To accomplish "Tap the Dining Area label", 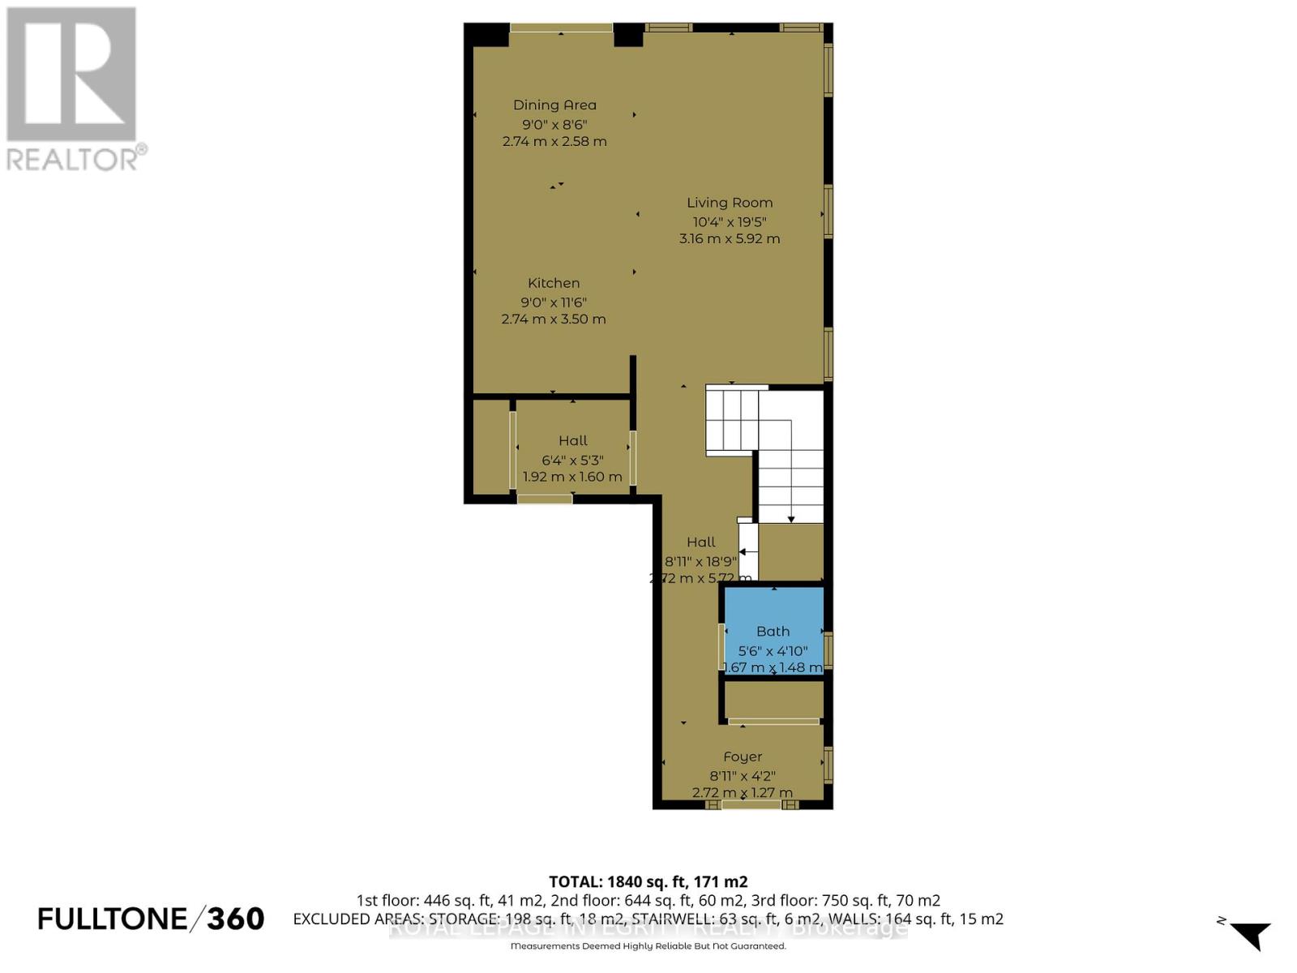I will tap(554, 105).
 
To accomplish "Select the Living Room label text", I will tap(730, 203).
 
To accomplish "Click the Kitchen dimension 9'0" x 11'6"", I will tap(554, 302).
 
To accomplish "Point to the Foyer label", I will tap(743, 757).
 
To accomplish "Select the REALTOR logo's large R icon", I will tap(71, 75).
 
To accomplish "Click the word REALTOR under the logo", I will tap(73, 158).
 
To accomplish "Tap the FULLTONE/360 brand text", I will tap(152, 919).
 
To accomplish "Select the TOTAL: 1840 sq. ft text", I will tap(648, 881).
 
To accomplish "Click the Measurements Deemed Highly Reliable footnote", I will tap(648, 946).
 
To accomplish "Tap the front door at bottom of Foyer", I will tap(751, 804).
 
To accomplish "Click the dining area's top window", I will tap(561, 28).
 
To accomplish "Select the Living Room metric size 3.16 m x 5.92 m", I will tap(730, 238).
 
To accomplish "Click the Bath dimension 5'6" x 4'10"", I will tap(773, 650).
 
